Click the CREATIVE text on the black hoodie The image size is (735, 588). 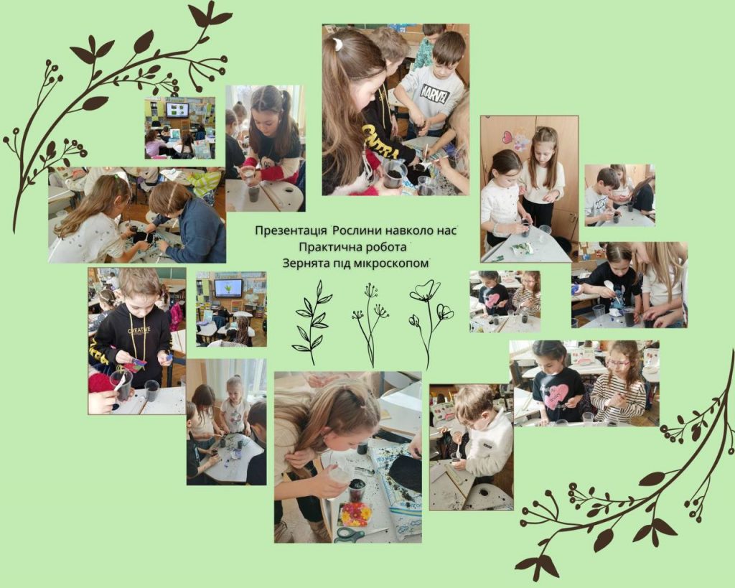pos(139,330)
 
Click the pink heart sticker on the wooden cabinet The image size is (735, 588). pos(507,137)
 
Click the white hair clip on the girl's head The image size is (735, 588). pos(337,45)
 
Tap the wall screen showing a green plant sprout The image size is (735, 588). pos(228,289)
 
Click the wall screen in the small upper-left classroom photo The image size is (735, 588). pos(177,110)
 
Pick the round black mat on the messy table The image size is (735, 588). pos(406,473)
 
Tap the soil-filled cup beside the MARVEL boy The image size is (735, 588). pos(395,175)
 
